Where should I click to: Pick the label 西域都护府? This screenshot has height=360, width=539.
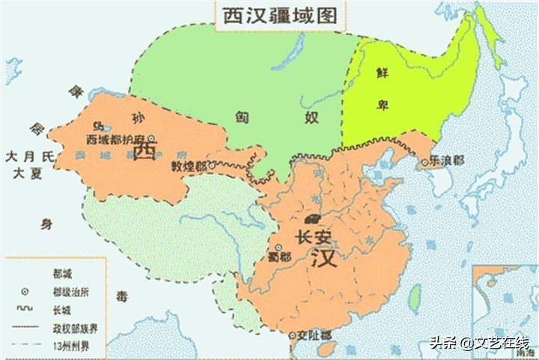coord(115,140)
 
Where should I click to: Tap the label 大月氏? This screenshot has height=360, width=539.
coord(30,157)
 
